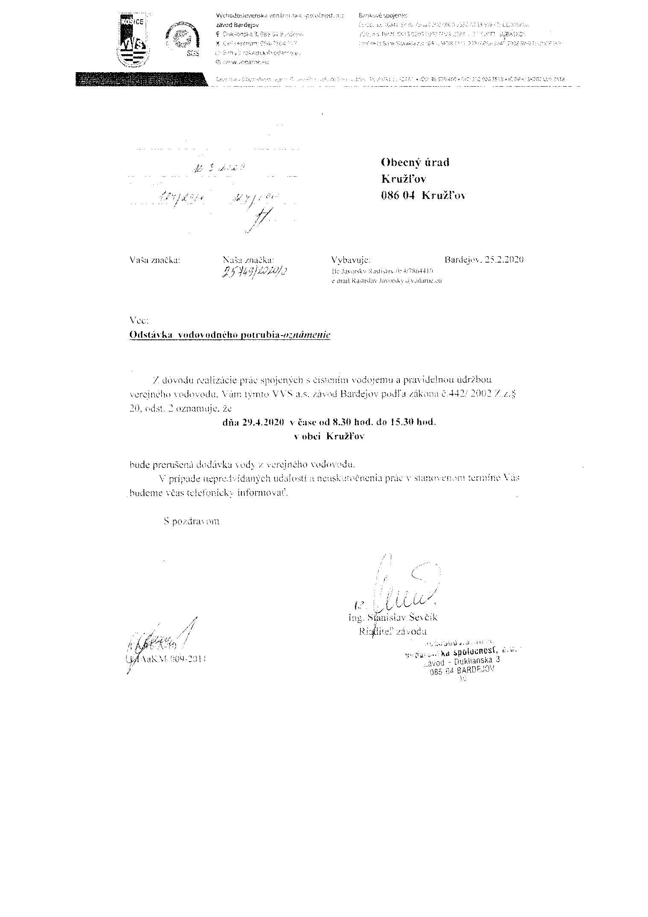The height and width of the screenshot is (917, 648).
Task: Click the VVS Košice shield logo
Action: [x=133, y=39]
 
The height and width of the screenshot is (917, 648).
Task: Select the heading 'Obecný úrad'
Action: [x=414, y=162]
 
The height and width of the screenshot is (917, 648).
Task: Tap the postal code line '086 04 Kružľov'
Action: [x=423, y=196]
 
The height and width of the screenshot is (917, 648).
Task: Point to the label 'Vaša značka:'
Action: [x=154, y=260]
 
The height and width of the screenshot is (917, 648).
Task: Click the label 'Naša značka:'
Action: [x=248, y=260]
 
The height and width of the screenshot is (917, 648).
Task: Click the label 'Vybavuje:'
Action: [x=351, y=260]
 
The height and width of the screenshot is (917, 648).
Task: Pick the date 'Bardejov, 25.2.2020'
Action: [x=484, y=260]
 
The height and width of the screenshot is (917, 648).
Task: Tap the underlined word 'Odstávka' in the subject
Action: [x=151, y=335]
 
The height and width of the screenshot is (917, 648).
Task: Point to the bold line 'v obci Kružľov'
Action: [x=329, y=437]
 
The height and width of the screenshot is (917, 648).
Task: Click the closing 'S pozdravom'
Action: [x=191, y=521]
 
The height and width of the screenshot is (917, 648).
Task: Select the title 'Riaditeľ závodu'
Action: [x=393, y=632]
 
